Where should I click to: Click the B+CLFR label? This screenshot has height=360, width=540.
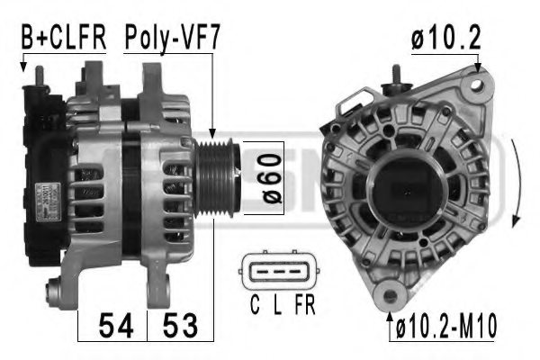(x=63, y=38)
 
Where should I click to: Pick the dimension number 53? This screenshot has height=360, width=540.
(x=179, y=326)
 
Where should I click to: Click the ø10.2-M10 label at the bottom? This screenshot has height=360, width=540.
(x=447, y=326)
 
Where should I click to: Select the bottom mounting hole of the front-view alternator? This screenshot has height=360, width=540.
(x=390, y=293)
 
